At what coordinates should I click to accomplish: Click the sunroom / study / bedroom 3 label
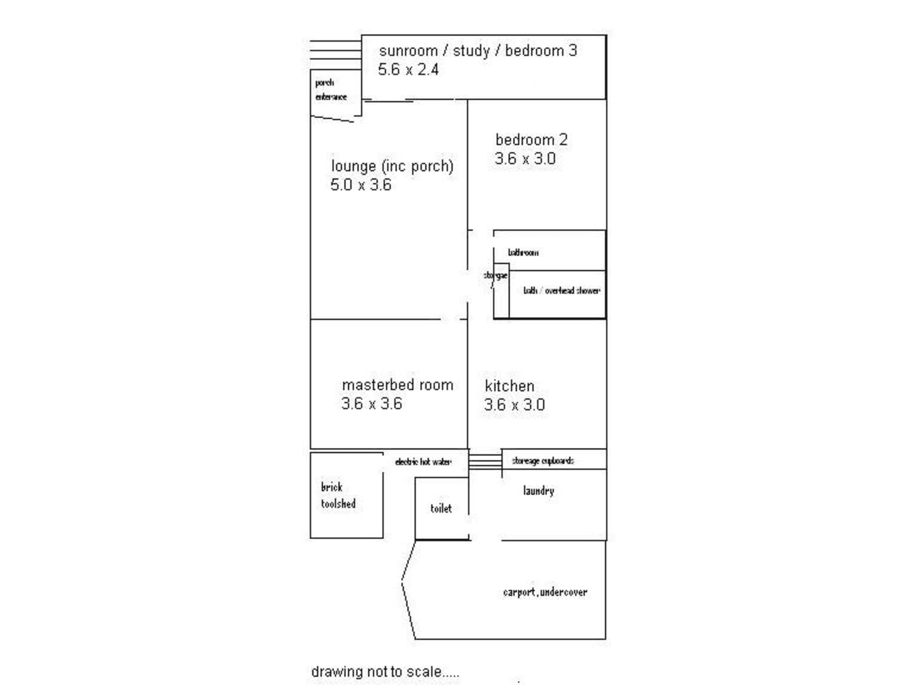coord(478,51)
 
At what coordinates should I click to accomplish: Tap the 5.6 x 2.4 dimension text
coord(408,70)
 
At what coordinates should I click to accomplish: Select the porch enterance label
coord(331,90)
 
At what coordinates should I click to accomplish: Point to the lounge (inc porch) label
coord(392,166)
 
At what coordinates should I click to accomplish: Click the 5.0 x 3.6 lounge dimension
coord(361,185)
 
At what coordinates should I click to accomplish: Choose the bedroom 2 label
coord(531,139)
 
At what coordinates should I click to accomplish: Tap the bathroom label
coord(523,252)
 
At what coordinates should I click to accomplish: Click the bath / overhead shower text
coord(561,291)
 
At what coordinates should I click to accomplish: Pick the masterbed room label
coord(398,385)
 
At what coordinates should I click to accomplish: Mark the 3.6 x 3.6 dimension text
coord(372,404)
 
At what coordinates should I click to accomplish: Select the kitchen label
coord(509,386)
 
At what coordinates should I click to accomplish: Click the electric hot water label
coord(424,462)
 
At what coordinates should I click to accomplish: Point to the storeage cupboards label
coord(543,461)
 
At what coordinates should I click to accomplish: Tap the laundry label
coord(538,491)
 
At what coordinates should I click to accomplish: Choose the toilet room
coord(441,509)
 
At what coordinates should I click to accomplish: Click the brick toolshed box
coord(346,496)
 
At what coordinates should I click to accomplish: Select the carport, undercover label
coord(545,592)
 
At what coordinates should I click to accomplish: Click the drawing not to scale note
coord(385,671)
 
